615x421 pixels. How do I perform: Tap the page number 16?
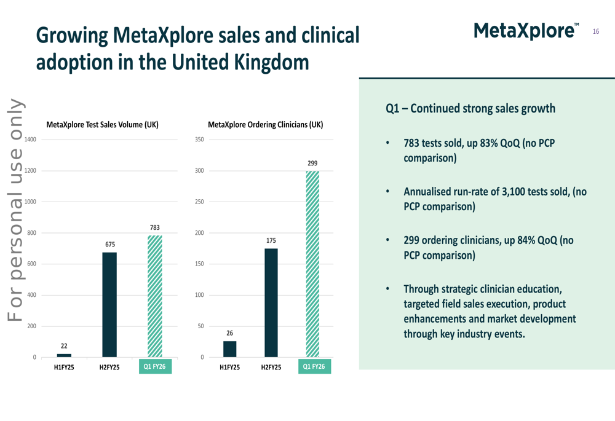click(595, 31)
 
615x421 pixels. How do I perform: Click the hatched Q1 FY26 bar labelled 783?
click(155, 296)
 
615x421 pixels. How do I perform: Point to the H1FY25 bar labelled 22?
click(64, 355)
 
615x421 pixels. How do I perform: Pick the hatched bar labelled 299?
click(312, 264)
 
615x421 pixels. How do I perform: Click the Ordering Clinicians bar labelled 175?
click(271, 302)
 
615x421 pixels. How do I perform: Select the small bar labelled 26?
click(229, 349)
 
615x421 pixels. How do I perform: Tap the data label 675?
click(109, 245)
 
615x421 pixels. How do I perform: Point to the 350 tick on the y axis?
click(199, 140)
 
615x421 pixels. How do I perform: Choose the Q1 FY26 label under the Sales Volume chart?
click(155, 367)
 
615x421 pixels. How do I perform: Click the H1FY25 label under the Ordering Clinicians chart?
click(229, 368)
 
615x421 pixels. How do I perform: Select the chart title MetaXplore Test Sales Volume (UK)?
click(102, 125)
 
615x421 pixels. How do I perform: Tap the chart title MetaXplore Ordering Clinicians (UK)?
click(265, 125)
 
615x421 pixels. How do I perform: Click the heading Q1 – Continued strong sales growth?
click(470, 109)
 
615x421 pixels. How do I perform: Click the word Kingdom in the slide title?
click(272, 61)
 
